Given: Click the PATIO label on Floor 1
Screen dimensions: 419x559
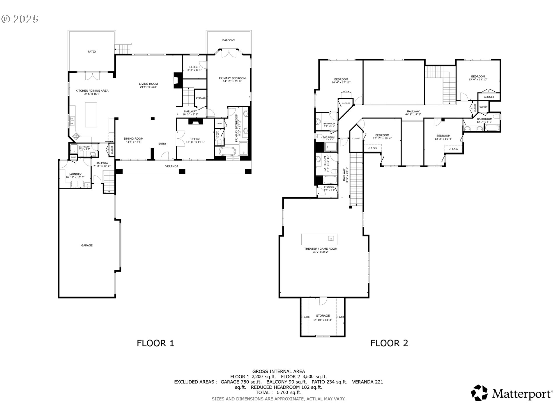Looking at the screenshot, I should [92, 52].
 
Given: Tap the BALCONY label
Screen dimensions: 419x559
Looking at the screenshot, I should [229, 40].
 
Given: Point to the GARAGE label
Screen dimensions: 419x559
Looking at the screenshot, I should [87, 246].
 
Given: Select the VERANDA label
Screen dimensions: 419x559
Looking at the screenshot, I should [172, 166].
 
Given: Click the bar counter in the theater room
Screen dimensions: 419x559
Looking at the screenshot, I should [319, 239].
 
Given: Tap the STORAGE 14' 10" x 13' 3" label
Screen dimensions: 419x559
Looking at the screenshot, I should [323, 317].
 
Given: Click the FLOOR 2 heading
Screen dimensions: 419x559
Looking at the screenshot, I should [389, 343].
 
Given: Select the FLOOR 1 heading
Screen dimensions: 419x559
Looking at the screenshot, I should [155, 343].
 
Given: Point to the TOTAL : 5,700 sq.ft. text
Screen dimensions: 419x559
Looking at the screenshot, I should [279, 393].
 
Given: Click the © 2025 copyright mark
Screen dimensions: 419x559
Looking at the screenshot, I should [20, 19].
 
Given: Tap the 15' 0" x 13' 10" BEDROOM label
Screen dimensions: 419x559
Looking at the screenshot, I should [478, 78].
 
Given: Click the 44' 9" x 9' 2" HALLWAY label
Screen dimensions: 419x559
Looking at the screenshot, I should [413, 113].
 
